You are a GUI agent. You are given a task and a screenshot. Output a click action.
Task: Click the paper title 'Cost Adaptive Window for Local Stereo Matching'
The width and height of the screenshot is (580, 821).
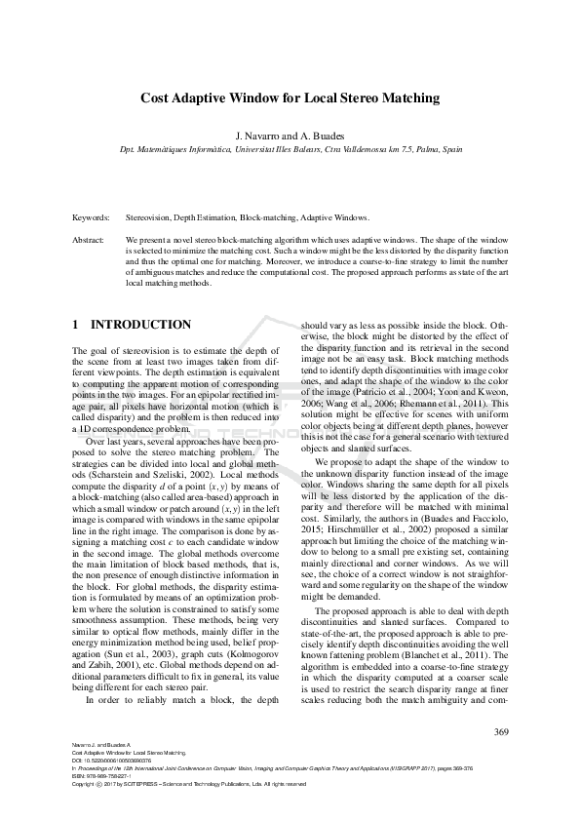click(x=290, y=98)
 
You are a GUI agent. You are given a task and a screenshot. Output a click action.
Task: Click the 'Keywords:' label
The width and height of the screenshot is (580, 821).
click(x=91, y=218)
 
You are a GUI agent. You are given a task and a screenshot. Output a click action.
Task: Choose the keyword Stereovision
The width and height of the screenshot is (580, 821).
click(x=152, y=218)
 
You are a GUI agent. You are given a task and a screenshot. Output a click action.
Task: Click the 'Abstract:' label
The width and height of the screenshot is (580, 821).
click(x=89, y=239)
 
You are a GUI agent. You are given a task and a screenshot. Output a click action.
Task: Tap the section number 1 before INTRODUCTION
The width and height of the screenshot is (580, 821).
click(x=76, y=324)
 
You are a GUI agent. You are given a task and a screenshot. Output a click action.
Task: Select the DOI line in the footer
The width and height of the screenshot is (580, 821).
click(x=107, y=761)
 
